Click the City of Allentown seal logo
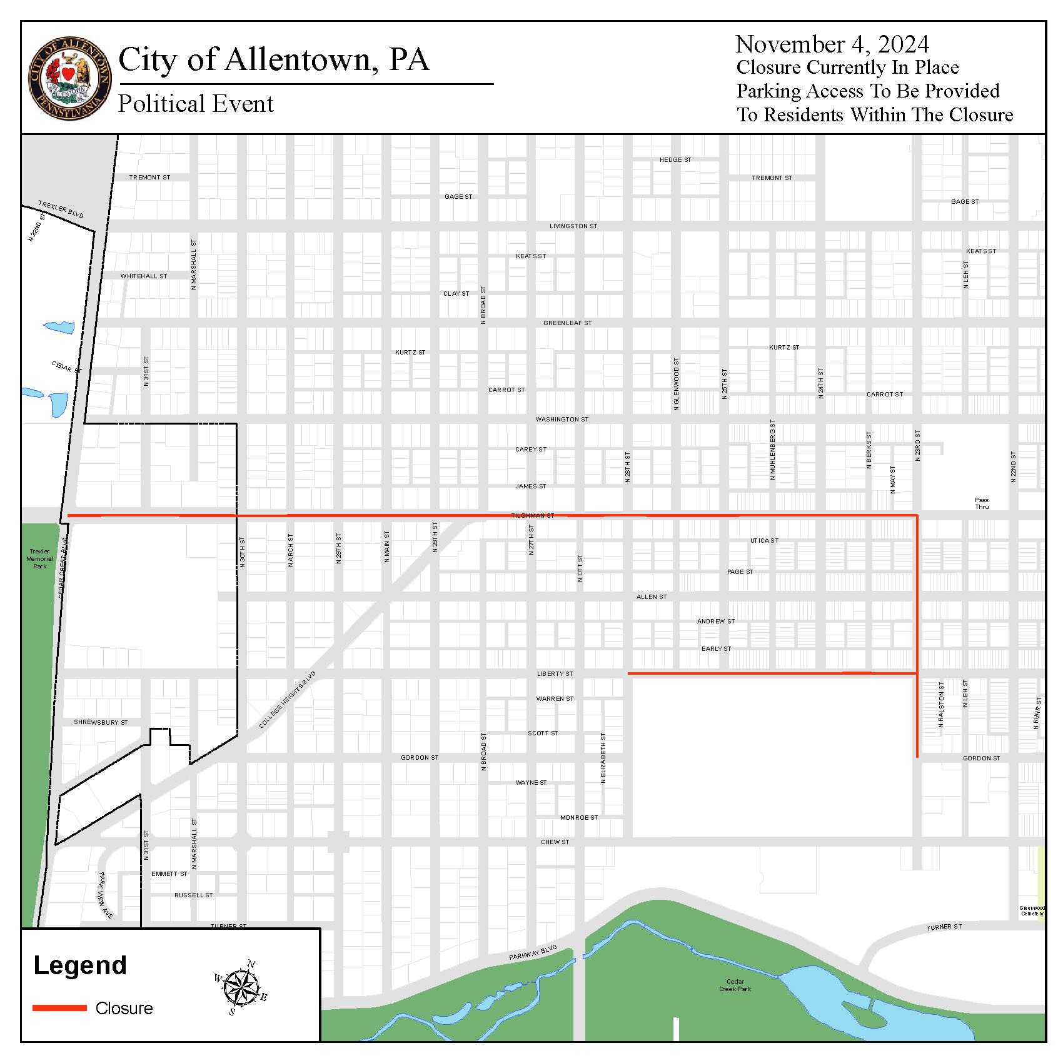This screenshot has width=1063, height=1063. [69, 78]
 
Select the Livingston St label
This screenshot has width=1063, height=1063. [573, 226]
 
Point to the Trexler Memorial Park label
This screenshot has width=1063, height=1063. [40, 558]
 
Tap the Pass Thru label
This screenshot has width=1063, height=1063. [982, 503]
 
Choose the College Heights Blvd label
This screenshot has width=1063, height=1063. [288, 700]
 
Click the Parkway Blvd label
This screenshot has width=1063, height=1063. [533, 953]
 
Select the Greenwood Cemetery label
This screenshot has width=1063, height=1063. [1032, 910]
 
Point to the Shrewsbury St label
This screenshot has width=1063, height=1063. [101, 722]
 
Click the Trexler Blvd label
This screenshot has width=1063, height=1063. [61, 209]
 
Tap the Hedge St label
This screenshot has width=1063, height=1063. [675, 159]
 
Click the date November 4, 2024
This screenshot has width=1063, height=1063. [832, 44]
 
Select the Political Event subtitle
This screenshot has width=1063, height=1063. [196, 104]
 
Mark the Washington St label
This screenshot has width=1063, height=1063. [562, 419]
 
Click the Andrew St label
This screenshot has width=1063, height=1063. [716, 621]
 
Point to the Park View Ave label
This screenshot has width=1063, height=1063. [105, 895]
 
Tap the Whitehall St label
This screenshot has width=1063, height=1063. [144, 276]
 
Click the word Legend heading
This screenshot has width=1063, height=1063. [80, 965]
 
